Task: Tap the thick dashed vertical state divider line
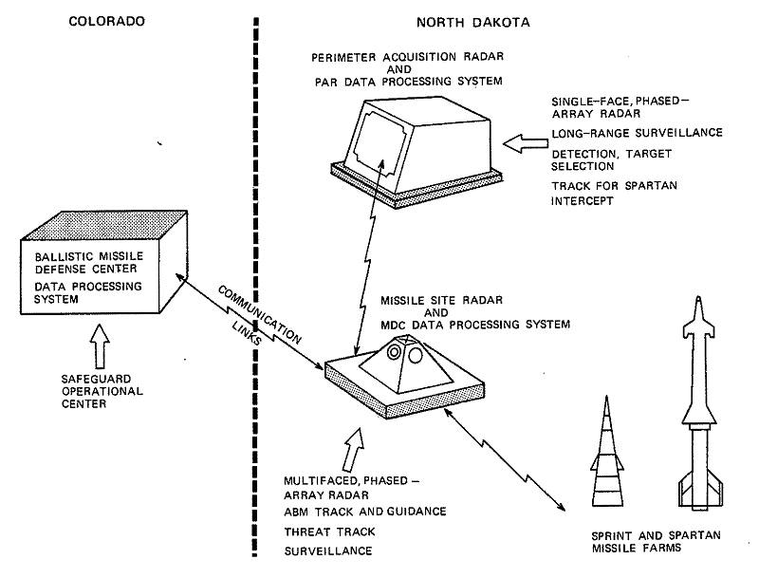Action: click(254, 285)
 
